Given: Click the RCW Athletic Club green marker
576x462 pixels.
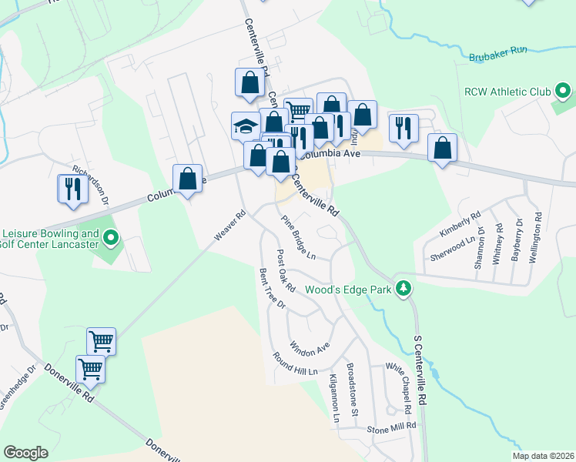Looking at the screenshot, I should click(563, 92).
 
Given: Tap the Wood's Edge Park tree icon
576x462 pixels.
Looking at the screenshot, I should click(402, 289).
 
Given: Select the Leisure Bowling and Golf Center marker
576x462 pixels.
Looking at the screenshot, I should click(109, 239).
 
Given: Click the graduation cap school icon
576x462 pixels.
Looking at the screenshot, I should click(246, 126).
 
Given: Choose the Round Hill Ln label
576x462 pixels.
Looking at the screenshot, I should click(295, 366).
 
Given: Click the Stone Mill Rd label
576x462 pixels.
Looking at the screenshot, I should click(391, 426).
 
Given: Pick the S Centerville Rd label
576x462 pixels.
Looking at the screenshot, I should click(420, 381).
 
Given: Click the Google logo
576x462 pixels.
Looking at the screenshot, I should click(26, 453).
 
